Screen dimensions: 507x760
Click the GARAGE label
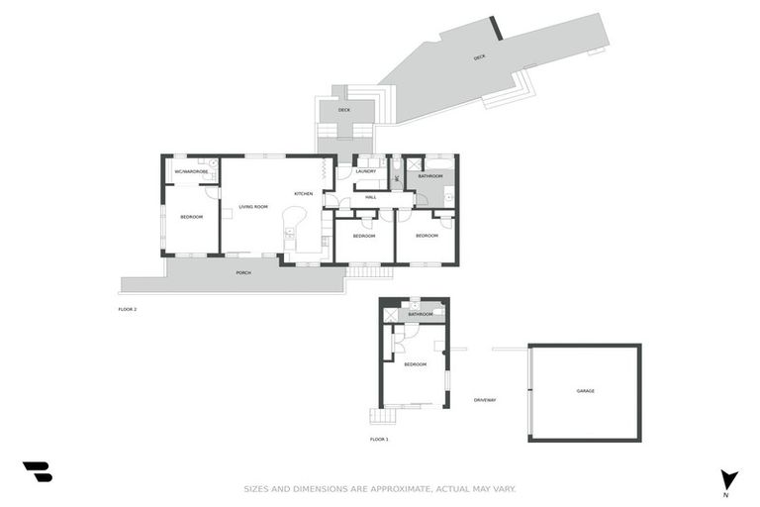pyautogui.click(x=586, y=391)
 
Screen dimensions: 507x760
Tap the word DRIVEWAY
pyautogui.click(x=484, y=400)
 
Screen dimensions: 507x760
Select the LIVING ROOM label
pyautogui.click(x=253, y=207)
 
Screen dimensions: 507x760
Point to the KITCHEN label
pyautogui.click(x=304, y=193)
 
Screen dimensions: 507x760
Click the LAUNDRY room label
pyautogui.click(x=365, y=171)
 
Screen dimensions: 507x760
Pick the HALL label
pyautogui.click(x=371, y=197)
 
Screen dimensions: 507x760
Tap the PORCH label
pyautogui.click(x=242, y=272)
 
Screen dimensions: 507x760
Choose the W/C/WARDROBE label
pyautogui.click(x=191, y=171)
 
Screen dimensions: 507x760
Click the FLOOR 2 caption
pyautogui.click(x=128, y=309)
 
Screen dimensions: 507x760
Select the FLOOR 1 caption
pyautogui.click(x=380, y=439)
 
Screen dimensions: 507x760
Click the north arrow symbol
pyautogui.click(x=729, y=479)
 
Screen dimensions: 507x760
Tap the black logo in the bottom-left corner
pyautogui.click(x=38, y=472)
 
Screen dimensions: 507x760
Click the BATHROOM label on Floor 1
pyautogui.click(x=421, y=314)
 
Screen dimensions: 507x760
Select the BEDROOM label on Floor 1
pyautogui.click(x=416, y=364)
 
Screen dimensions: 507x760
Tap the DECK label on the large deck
pyautogui.click(x=480, y=57)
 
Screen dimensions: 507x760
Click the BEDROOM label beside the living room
pyautogui.click(x=191, y=216)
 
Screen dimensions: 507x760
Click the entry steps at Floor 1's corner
pyautogui.click(x=376, y=416)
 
